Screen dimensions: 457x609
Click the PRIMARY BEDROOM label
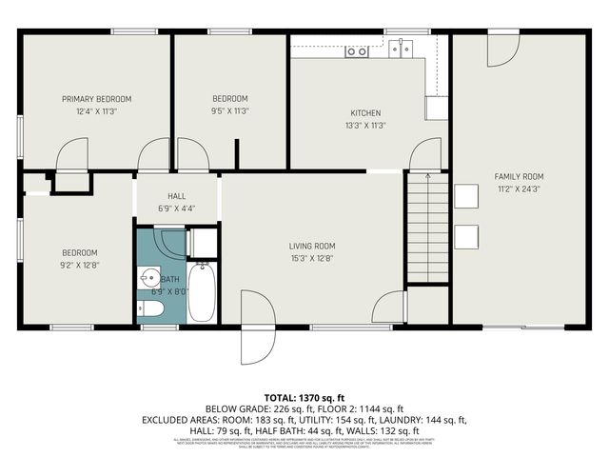[x=96, y=99]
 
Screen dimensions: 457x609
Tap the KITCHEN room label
[x=365, y=112]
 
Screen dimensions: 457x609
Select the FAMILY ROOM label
[x=519, y=176]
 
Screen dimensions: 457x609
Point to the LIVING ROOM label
[x=313, y=246]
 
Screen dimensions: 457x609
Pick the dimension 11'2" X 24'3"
[x=519, y=189]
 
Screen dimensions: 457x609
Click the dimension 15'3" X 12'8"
[x=313, y=258]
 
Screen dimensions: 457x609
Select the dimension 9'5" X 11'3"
[x=229, y=111]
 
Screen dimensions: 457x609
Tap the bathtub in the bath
[x=202, y=292]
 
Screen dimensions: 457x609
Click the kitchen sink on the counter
[x=357, y=51]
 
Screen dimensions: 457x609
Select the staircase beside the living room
[x=427, y=228]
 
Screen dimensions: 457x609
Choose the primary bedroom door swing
[x=72, y=156]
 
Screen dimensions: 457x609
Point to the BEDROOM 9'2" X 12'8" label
[x=80, y=252]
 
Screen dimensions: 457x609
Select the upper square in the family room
[x=465, y=195]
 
